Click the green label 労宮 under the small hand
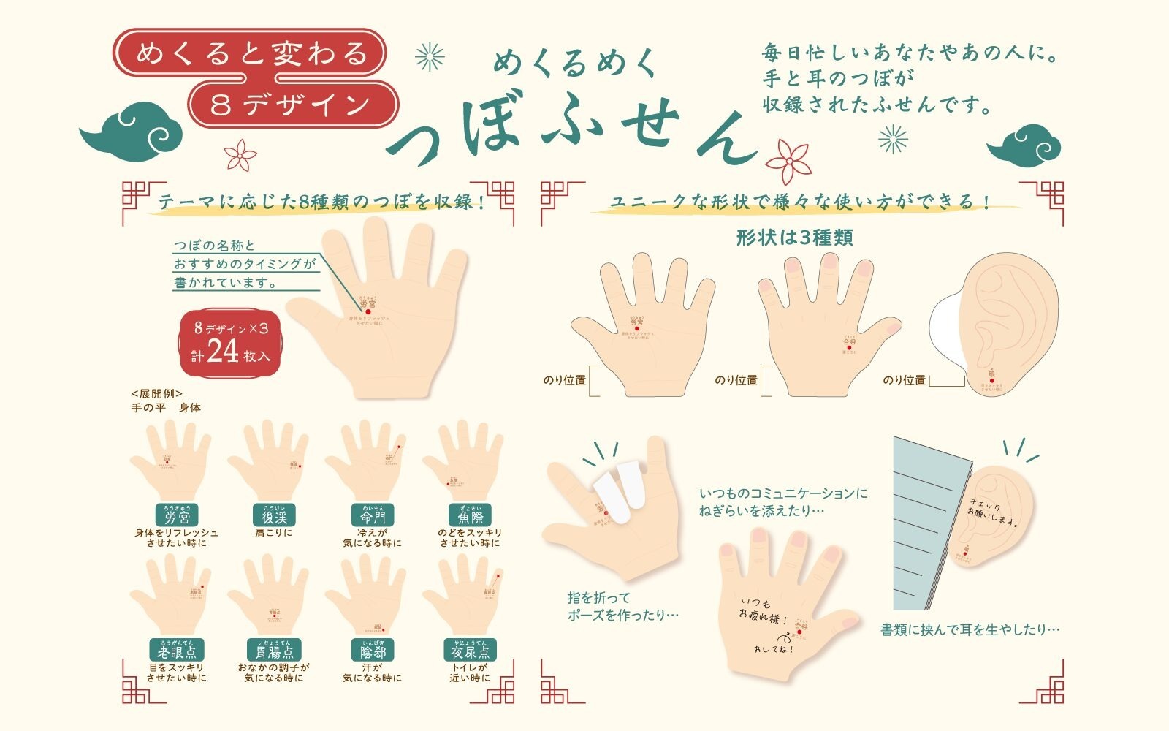click(x=177, y=516)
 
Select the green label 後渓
click(x=275, y=516)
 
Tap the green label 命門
click(x=372, y=516)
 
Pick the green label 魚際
click(x=470, y=516)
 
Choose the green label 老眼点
click(x=177, y=651)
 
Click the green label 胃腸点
click(x=275, y=651)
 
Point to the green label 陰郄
click(x=372, y=651)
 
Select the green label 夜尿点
click(x=470, y=651)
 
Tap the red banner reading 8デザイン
click(x=291, y=105)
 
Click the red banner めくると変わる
click(x=251, y=53)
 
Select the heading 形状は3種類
click(x=794, y=238)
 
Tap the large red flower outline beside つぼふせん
click(x=788, y=162)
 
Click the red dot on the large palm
click(x=368, y=312)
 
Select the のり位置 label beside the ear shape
click(x=904, y=380)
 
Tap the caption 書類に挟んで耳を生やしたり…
click(x=970, y=629)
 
